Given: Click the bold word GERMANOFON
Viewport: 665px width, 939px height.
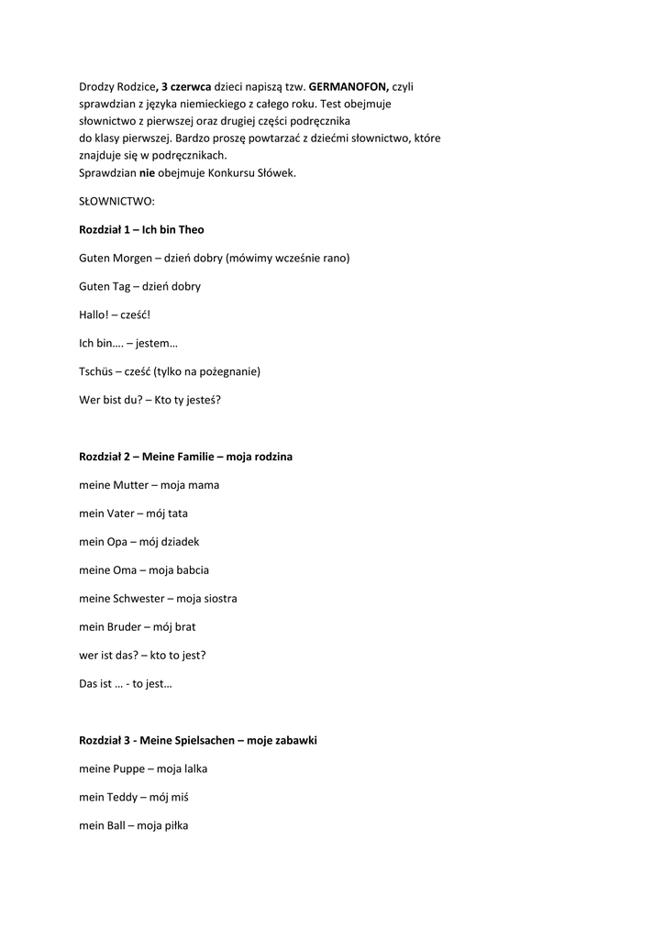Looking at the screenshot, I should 349,87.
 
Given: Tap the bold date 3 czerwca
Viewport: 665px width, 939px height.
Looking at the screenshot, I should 186,87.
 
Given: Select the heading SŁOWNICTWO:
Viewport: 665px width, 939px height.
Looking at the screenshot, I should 116,201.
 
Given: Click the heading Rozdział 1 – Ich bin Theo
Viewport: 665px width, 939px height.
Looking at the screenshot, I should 141,229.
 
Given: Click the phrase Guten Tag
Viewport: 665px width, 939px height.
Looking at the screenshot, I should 103,286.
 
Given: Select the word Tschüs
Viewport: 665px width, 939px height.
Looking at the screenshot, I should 98,371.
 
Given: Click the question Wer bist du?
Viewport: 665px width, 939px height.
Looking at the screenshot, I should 110,400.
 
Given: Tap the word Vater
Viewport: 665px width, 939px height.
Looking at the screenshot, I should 122,514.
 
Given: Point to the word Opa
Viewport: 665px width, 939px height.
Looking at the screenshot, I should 116,542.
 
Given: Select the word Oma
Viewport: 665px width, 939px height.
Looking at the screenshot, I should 125,570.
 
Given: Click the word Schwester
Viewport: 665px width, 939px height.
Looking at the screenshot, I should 139,599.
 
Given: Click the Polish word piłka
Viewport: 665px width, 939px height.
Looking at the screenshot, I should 174,825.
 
